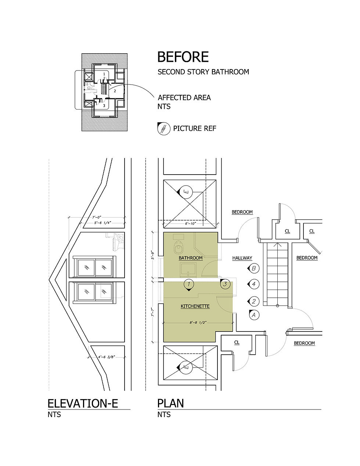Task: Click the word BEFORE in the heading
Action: click(x=183, y=57)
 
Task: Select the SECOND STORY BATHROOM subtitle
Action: click(x=203, y=72)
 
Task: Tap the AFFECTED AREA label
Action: click(x=184, y=98)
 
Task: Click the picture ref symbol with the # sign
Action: click(x=163, y=129)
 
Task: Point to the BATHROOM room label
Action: click(x=191, y=258)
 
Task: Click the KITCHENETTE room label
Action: click(x=195, y=306)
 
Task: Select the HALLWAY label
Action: click(x=242, y=258)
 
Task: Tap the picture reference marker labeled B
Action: click(x=253, y=268)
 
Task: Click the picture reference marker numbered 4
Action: click(x=253, y=284)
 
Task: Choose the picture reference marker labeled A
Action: click(x=253, y=315)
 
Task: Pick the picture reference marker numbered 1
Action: click(x=188, y=284)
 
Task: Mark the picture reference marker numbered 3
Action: click(x=225, y=284)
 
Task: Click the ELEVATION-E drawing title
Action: click(x=83, y=404)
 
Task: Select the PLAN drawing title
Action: click(x=170, y=404)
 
